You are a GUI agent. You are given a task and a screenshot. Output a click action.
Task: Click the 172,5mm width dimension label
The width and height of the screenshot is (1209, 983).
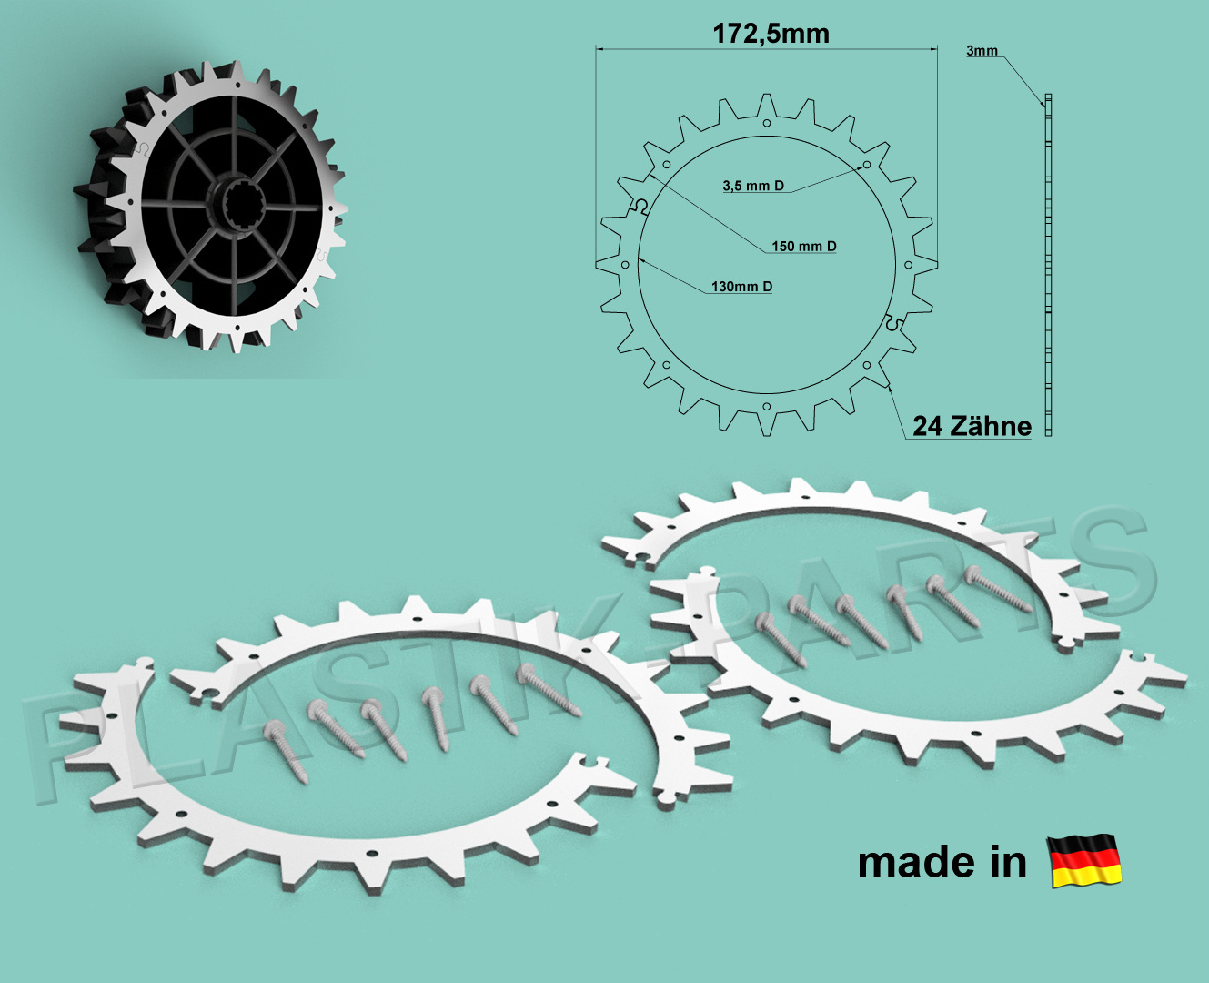tap(771, 34)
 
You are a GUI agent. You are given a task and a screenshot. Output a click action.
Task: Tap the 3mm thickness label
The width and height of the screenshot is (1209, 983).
tap(982, 51)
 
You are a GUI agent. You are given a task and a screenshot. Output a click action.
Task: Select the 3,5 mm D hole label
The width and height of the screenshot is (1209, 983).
tap(753, 186)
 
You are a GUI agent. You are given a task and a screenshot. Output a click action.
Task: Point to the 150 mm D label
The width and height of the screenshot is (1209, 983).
tap(804, 247)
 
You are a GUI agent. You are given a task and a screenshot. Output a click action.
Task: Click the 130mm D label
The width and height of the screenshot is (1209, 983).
tap(741, 287)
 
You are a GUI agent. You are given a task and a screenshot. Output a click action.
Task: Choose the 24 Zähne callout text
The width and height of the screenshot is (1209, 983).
tap(972, 426)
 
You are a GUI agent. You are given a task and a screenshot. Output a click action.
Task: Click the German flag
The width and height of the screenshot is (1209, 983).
tap(1084, 860)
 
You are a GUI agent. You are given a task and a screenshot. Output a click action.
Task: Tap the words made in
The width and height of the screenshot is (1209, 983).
tap(942, 863)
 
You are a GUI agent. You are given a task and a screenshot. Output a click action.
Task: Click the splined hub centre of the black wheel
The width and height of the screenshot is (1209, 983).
tap(243, 206)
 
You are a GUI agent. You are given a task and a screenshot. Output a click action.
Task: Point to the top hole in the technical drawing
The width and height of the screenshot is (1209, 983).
tap(766, 123)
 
